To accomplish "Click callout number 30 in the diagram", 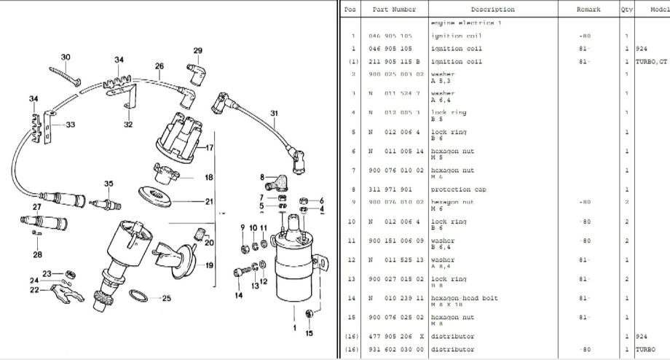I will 66,57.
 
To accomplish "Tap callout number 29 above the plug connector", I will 197,50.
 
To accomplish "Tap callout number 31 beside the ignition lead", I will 274,113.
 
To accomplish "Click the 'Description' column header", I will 492,9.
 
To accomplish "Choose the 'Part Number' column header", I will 394,9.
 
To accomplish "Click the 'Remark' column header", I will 588,9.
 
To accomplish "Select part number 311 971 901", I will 390,189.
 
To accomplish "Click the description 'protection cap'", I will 459,189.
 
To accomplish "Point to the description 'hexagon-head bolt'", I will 464,297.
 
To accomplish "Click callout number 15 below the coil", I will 309,334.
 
